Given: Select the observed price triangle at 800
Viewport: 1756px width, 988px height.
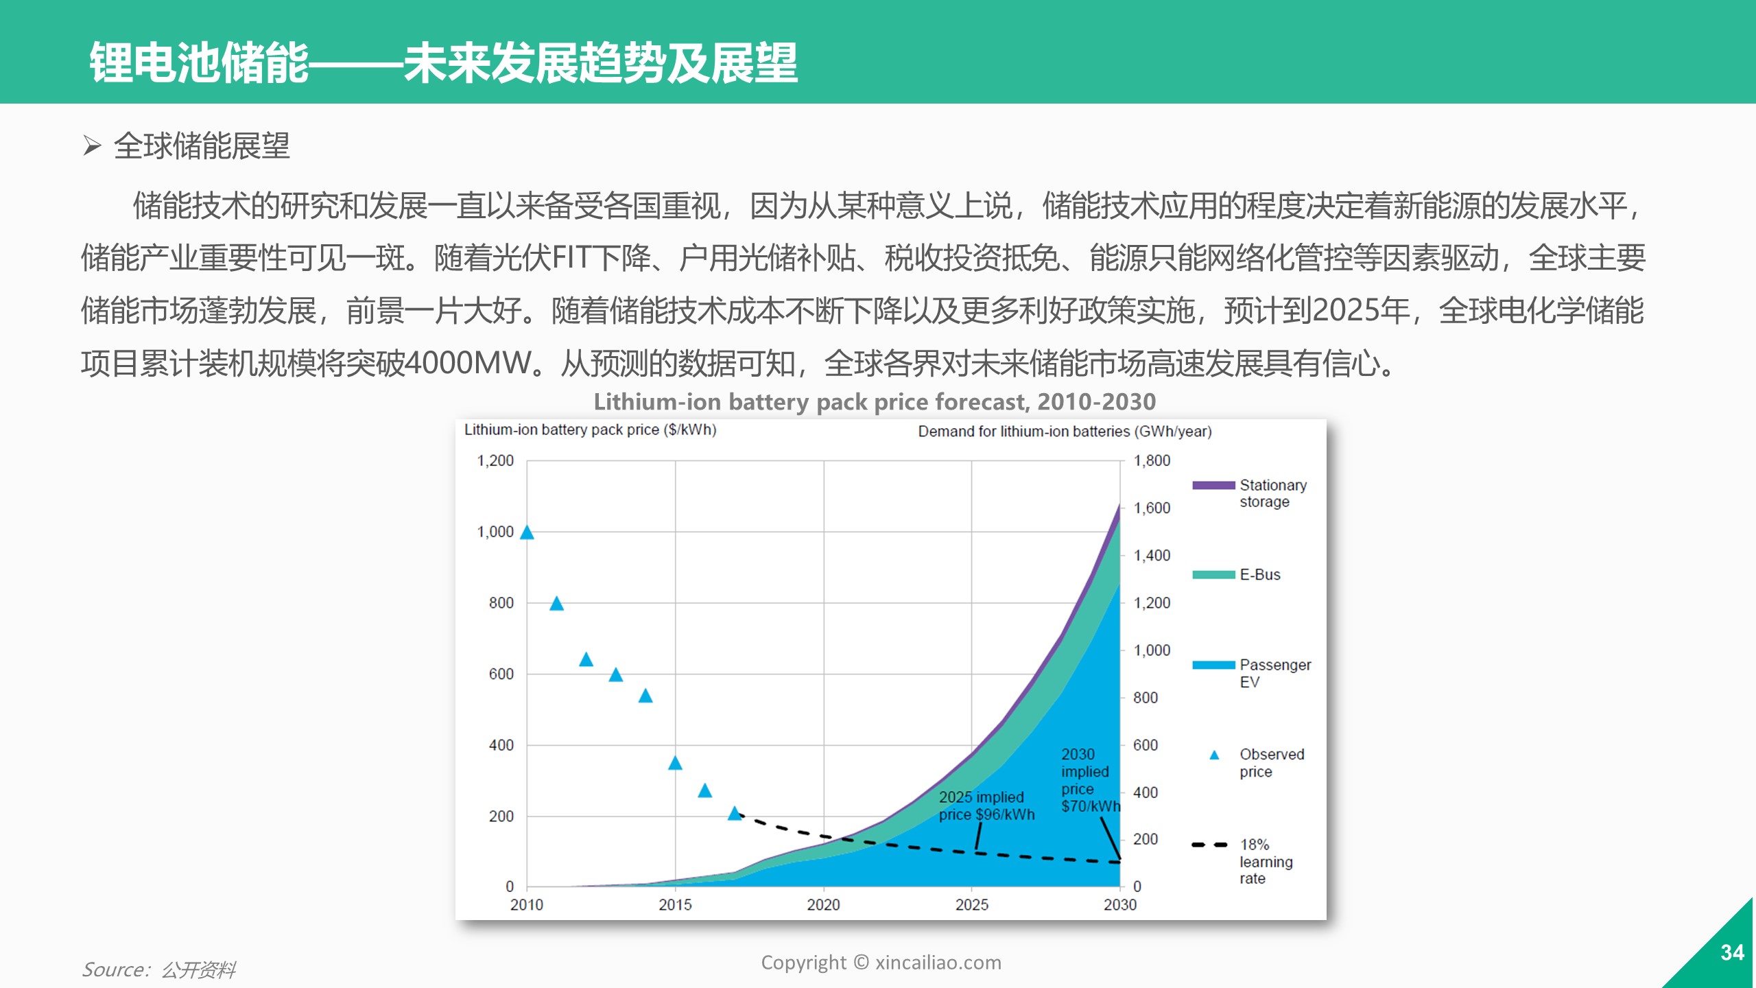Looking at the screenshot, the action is coord(556,604).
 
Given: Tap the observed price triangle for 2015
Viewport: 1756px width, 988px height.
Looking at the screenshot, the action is coord(675,763).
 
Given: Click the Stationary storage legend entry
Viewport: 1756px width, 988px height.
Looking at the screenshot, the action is coord(1250,493).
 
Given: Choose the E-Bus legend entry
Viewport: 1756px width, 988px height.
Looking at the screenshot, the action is coord(1236,575).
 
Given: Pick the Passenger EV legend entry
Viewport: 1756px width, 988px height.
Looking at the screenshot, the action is coord(1251,673).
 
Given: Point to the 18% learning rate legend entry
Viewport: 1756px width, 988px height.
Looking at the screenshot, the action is coord(1242,861).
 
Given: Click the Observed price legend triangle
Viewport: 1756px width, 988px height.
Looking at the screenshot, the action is coord(1214,755).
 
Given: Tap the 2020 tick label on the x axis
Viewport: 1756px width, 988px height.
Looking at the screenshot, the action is coord(823,905).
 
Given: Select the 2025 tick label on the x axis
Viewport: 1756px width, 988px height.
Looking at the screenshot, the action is coord(972,905).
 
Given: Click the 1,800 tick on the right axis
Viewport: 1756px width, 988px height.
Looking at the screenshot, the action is coord(1152,460).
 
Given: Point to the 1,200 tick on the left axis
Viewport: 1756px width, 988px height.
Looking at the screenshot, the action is coord(495,460).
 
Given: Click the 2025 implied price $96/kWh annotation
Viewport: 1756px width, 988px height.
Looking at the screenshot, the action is coord(986,805).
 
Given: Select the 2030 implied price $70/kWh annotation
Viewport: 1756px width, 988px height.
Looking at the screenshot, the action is coord(1091,780).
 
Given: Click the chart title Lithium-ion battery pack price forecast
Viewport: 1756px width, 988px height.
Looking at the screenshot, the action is coord(875,401).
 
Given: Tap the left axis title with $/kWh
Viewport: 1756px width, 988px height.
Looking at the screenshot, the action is coord(590,430).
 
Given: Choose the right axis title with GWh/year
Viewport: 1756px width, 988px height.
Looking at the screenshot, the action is coord(1065,432).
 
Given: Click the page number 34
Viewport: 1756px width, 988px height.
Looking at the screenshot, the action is coord(1732,952).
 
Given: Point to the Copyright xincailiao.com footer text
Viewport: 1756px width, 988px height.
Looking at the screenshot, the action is coord(881,963).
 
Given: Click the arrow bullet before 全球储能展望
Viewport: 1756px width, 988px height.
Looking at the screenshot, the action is coord(92,145).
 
